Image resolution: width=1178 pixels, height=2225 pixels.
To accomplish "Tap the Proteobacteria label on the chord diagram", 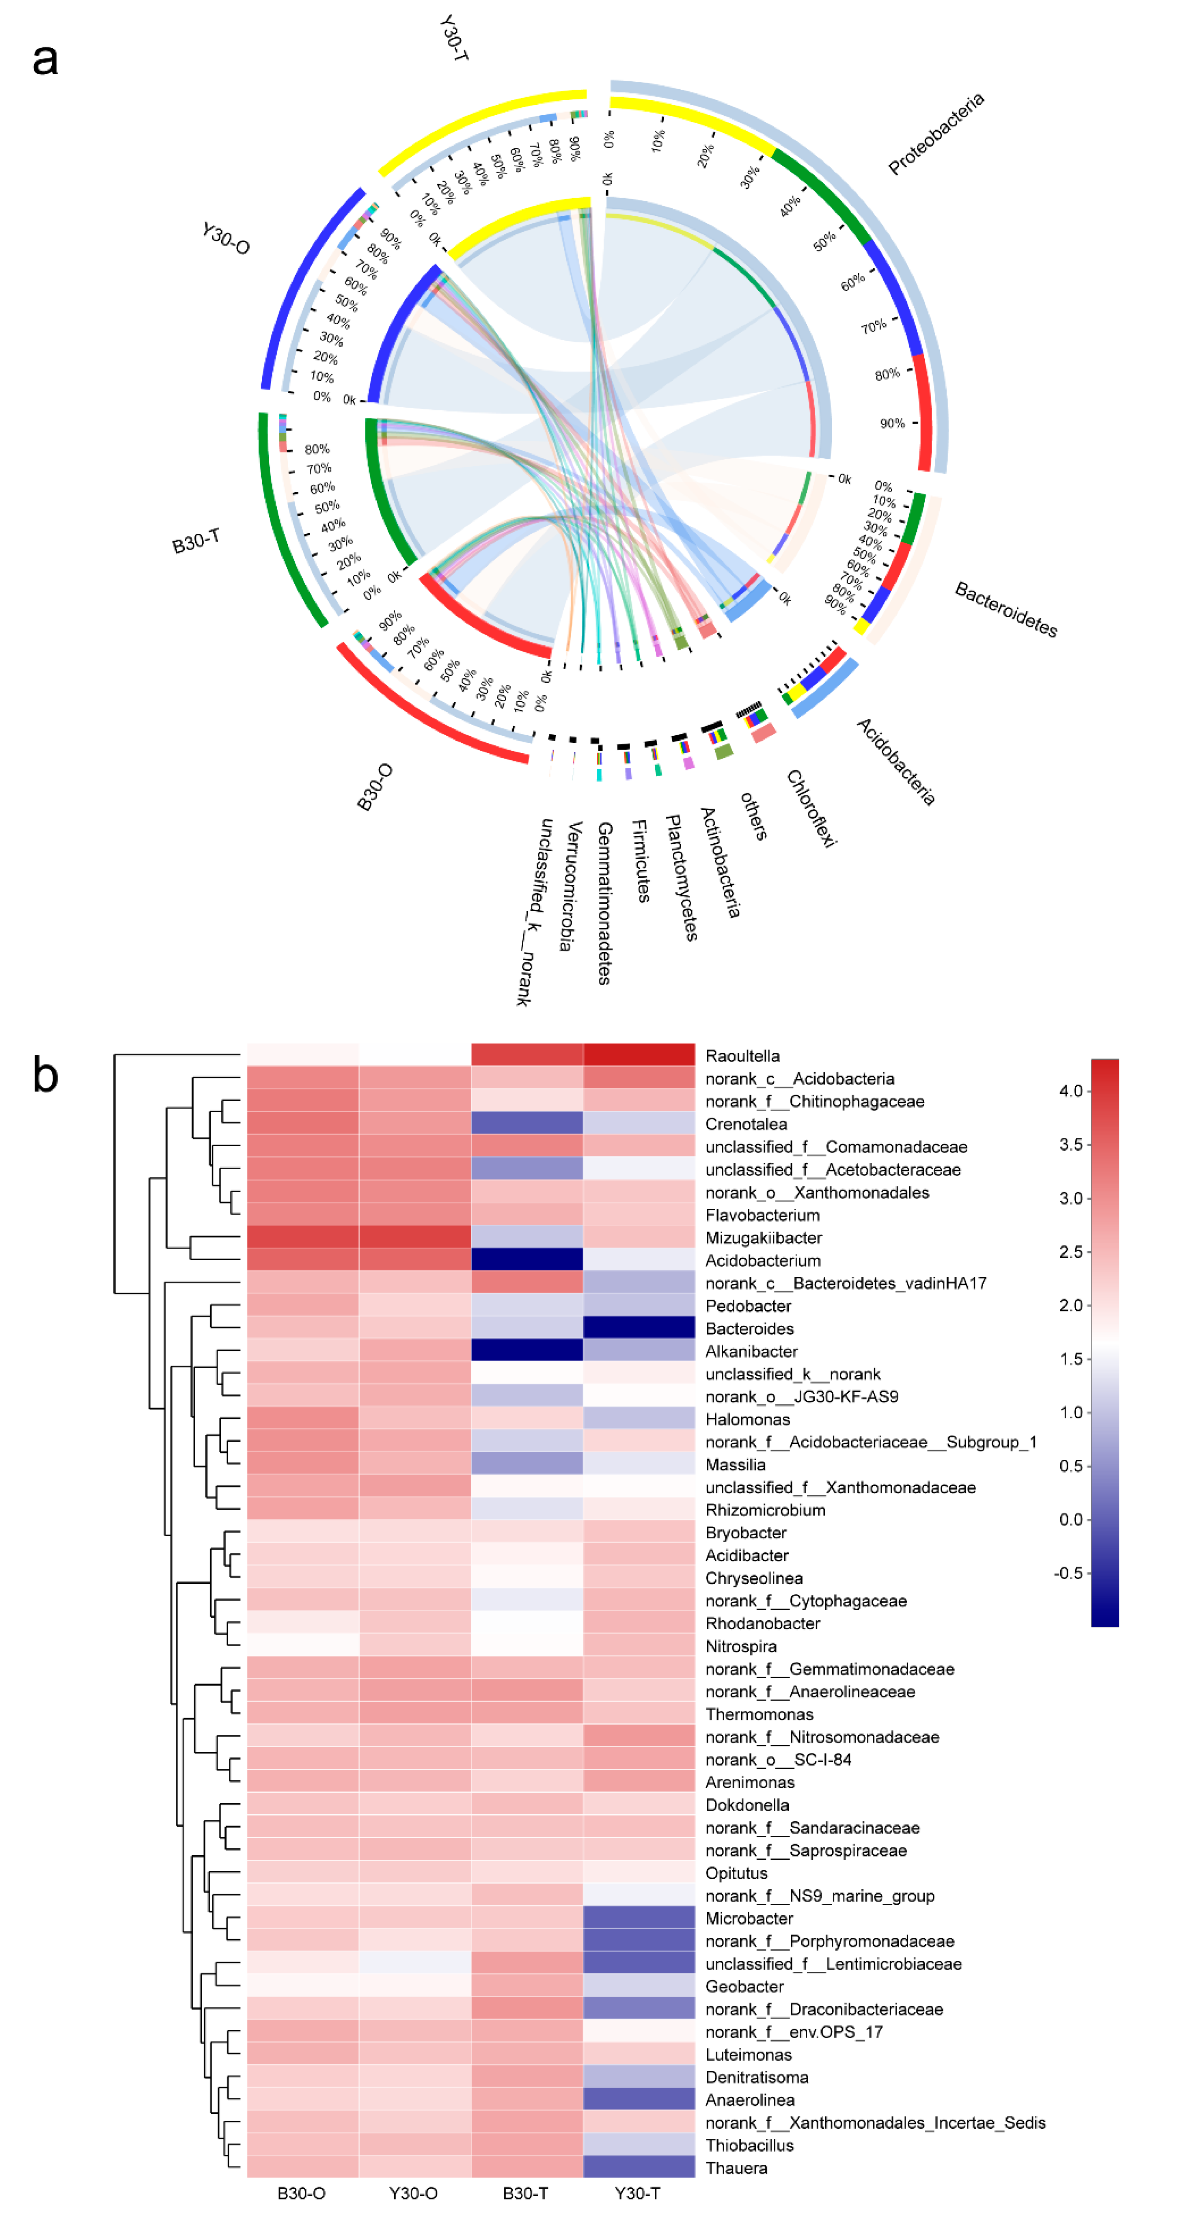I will (935, 134).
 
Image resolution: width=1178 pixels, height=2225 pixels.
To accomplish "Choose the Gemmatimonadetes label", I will (604, 903).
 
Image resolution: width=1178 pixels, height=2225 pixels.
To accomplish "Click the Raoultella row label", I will (742, 1056).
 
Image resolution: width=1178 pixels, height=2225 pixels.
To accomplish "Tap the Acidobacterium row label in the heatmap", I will (763, 1260).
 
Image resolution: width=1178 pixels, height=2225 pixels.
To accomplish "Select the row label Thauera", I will (736, 2168).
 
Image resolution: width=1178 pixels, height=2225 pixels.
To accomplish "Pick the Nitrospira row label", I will (740, 1646).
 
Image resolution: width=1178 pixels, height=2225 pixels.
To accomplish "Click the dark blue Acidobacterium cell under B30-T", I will (527, 1259).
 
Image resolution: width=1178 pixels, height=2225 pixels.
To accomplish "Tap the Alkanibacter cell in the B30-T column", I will (527, 1350).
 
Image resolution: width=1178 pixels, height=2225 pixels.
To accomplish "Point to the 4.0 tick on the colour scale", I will (1071, 1091).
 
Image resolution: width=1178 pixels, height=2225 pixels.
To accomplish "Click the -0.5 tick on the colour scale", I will (1068, 1573).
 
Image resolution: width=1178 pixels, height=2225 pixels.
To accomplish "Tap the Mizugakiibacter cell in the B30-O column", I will (302, 1237).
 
